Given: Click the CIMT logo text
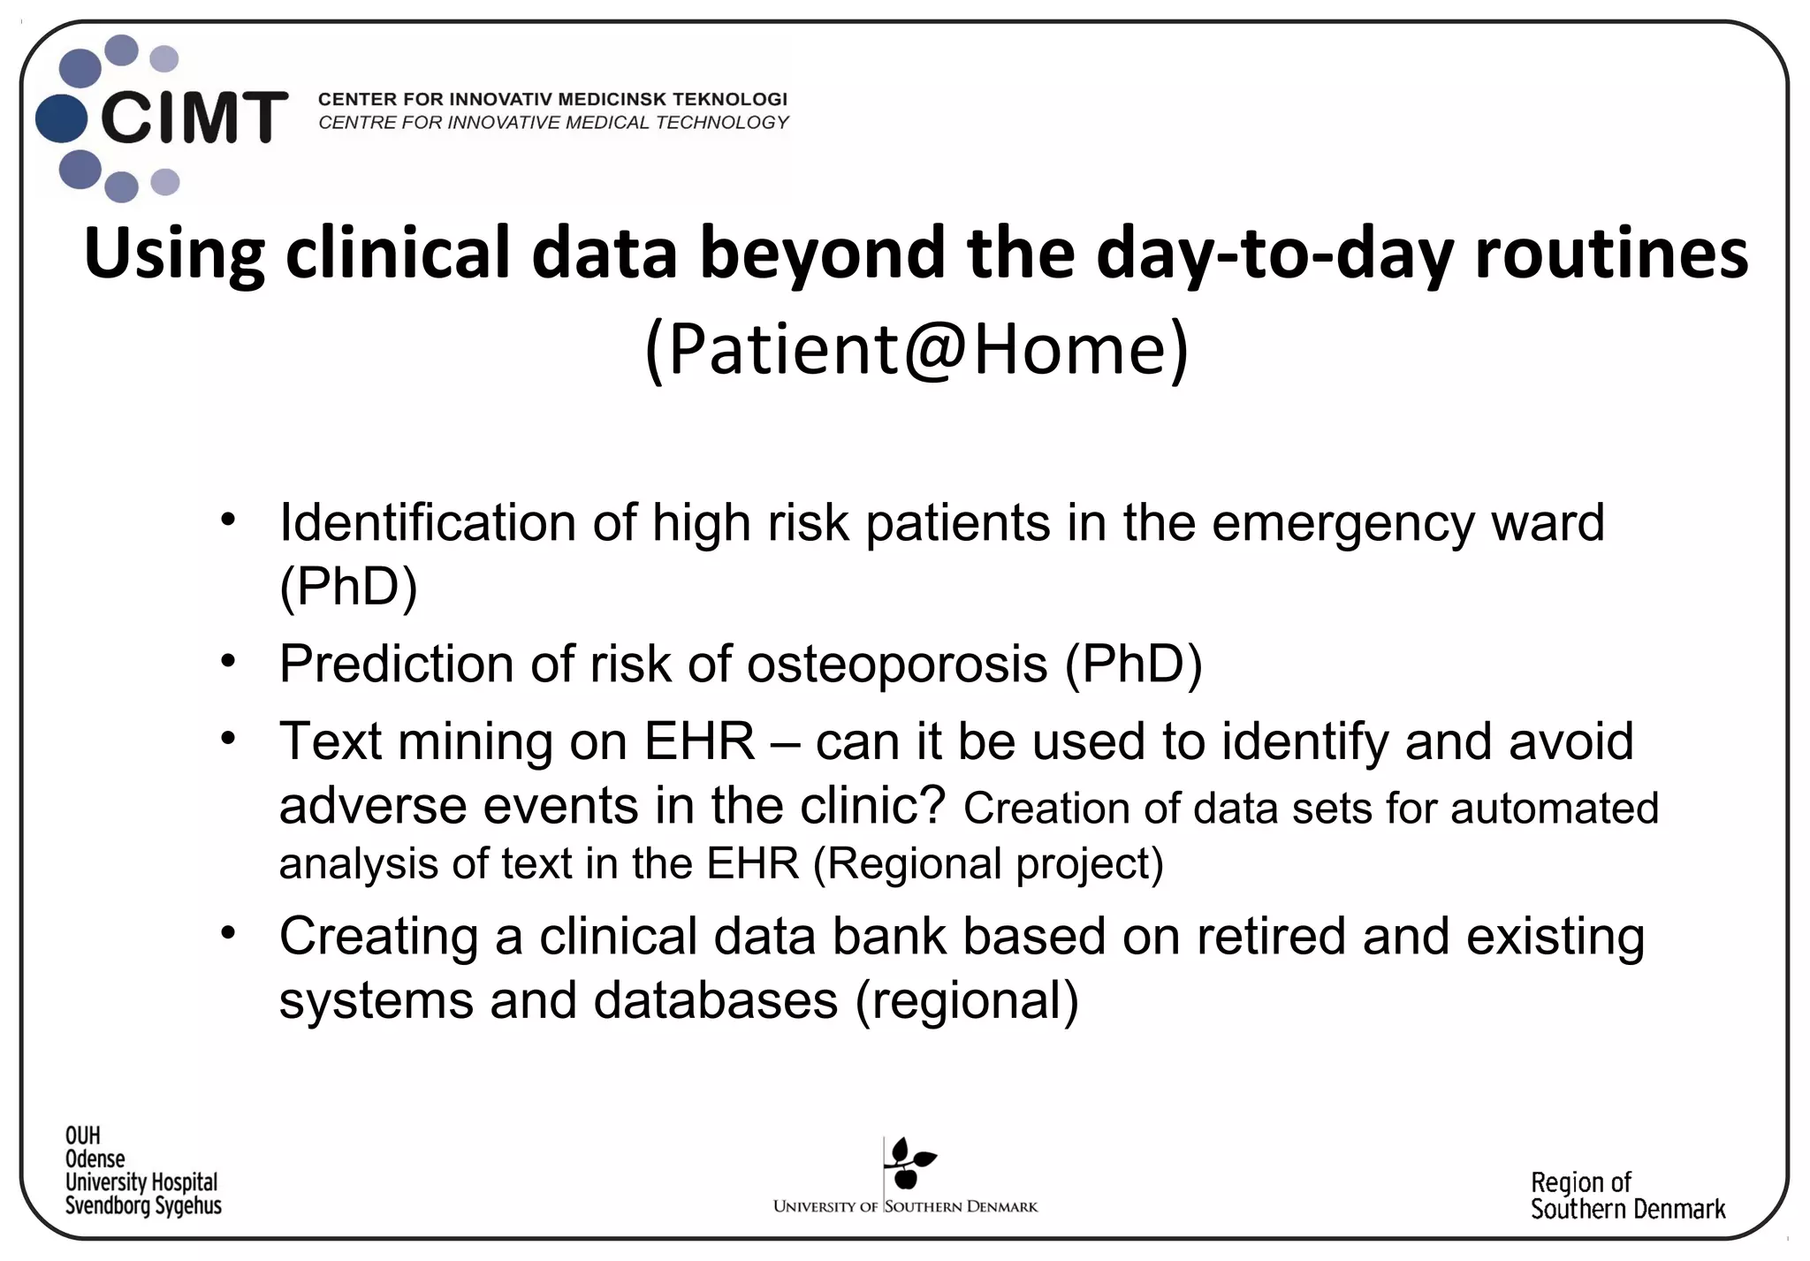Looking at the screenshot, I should point(194,118).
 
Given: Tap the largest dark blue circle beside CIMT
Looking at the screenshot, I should point(62,118).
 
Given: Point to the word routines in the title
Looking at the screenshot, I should point(1610,254).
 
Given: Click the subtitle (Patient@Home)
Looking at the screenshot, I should point(916,350).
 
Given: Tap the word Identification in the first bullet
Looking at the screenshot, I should point(427,522).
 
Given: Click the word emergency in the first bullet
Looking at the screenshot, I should point(1342,524).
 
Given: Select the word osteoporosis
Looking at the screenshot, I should point(897,664).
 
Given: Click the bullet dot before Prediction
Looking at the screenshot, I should point(229,660).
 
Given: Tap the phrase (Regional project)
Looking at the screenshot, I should point(987,863).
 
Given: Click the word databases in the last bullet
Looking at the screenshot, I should point(715,1000).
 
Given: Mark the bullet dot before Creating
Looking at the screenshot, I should point(229,932).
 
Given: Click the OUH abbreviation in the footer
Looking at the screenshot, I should point(83,1136).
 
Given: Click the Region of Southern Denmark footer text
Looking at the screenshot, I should point(1627,1196).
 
